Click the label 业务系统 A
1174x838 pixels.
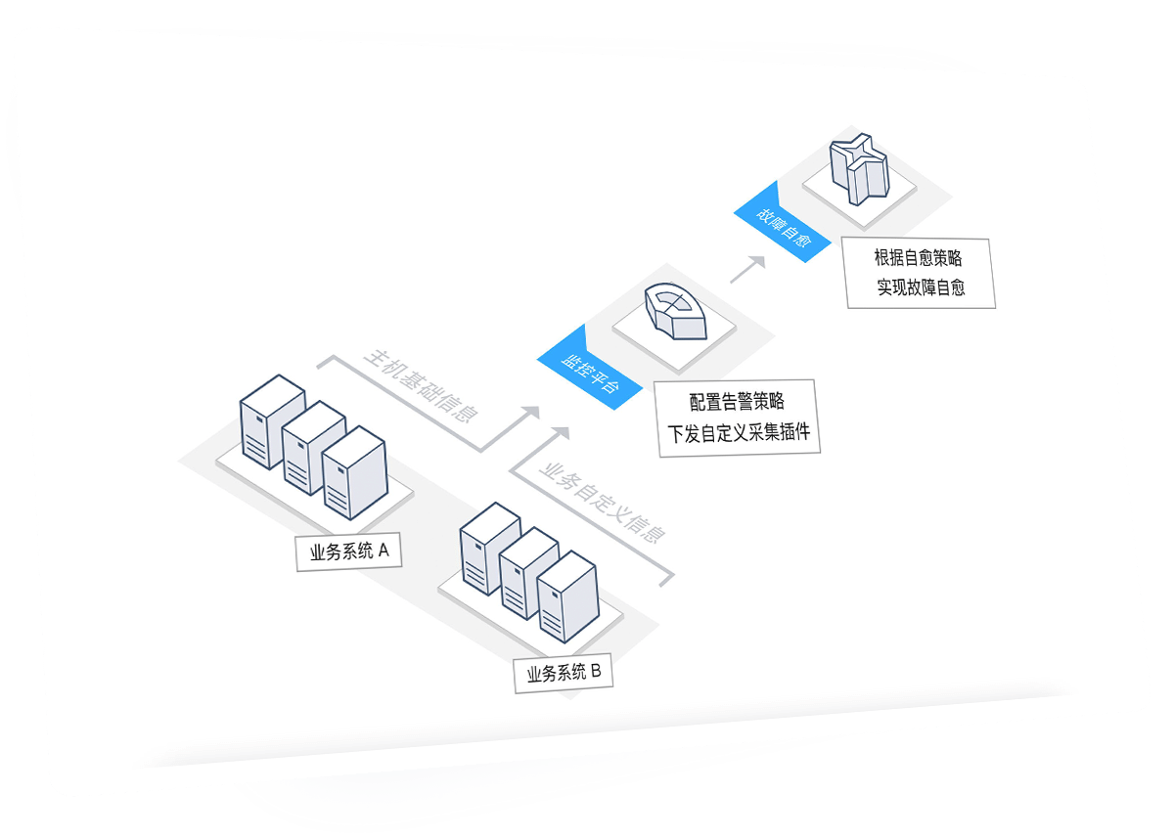coord(349,551)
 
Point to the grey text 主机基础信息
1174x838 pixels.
coord(421,384)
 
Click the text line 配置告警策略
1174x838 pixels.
coord(737,401)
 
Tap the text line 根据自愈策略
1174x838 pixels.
coord(918,258)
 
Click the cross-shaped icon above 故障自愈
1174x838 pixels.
coord(857,170)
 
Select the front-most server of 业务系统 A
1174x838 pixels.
coord(355,477)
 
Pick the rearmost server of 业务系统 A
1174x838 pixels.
coord(273,420)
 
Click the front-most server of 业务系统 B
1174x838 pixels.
coord(567,597)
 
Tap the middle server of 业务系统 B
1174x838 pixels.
coord(528,572)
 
